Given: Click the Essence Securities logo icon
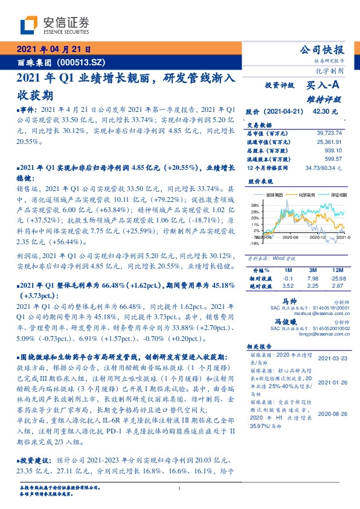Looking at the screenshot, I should click(29, 25).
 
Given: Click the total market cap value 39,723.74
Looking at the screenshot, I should click(329, 132).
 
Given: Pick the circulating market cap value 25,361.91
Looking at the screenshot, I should click(329, 140).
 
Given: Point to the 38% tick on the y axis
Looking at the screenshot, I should click(256, 206).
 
